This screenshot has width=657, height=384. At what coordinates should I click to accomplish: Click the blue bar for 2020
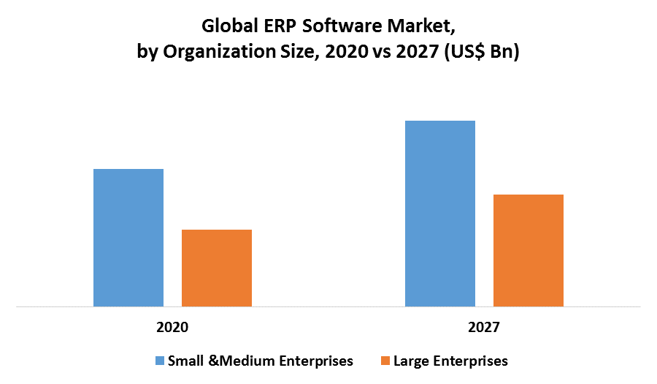pos(128,238)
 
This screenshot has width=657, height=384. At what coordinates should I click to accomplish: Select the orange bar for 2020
pos(217,268)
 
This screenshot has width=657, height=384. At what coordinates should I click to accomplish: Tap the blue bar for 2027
pos(440,214)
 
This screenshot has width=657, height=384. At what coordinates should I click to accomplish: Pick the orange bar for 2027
pos(529,250)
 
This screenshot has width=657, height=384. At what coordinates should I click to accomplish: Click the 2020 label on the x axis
pos(172,327)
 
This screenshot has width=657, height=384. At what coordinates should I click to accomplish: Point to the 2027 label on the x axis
pos(484,327)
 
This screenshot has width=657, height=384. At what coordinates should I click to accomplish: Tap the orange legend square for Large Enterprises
pos(385,361)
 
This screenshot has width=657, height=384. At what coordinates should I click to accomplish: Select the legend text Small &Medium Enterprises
pos(261,361)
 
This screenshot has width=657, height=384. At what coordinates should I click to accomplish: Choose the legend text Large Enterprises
pos(450,361)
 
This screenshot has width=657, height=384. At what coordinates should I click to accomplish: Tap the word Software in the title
pos(342,27)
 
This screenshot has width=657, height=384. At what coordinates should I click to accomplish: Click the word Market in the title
pos(423,27)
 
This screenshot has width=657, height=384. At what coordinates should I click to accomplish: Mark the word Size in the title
pos(294,53)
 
